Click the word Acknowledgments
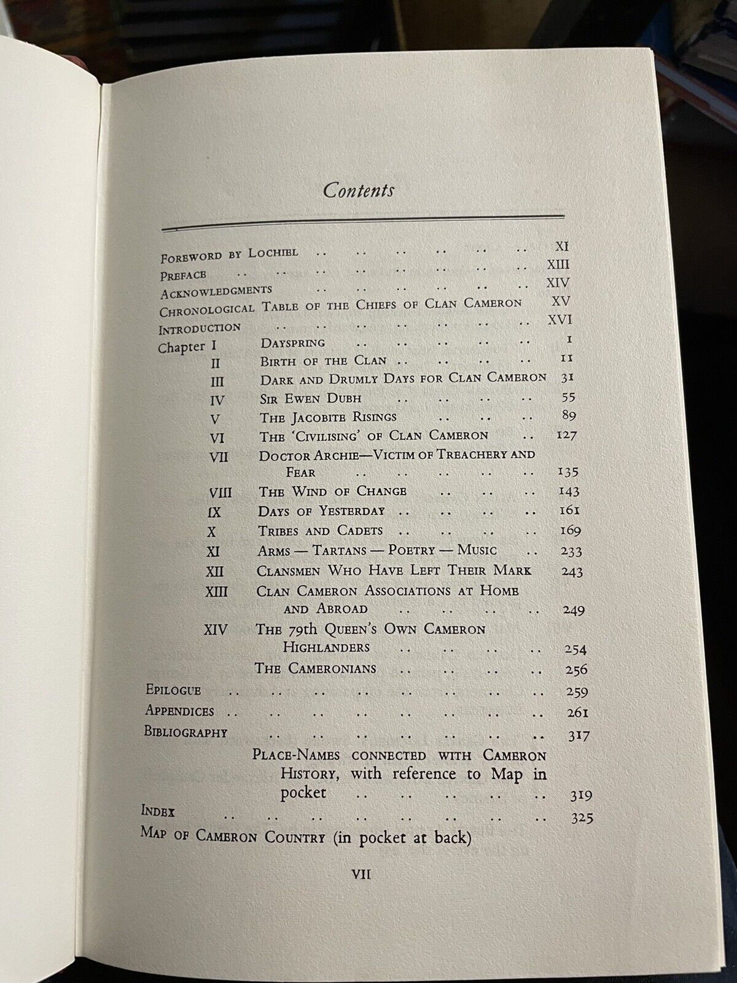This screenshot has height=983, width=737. pos(216,290)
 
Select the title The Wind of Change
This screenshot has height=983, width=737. pos(332,491)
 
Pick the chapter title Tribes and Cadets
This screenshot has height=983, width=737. pos(320,530)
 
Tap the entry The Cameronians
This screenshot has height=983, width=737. pos(324,668)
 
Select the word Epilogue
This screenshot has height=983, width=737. pos(173,690)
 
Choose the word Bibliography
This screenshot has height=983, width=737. pos(186,732)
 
